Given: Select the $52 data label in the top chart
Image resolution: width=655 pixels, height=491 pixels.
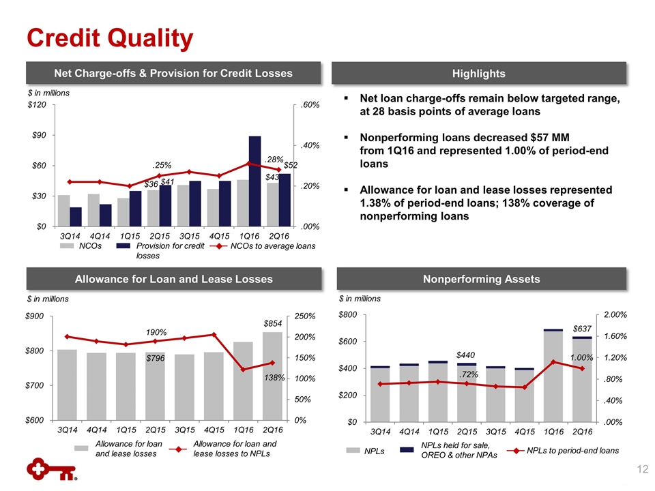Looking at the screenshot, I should [x=291, y=166].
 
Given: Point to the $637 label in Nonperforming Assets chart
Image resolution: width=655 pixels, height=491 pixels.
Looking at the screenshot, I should [x=581, y=329].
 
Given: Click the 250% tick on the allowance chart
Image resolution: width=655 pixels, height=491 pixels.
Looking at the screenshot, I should [x=304, y=316].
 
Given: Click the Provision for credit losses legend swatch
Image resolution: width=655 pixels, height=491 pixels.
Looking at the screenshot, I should [x=123, y=245].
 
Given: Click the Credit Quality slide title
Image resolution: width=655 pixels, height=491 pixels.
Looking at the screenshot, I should [x=109, y=38].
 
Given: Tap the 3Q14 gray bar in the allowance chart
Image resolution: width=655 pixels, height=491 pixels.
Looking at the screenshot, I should [x=67, y=385].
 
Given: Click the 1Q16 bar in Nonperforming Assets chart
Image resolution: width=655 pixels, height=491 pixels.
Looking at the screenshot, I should [x=553, y=376].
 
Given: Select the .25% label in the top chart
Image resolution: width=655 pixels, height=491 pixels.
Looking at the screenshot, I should [x=161, y=165].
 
